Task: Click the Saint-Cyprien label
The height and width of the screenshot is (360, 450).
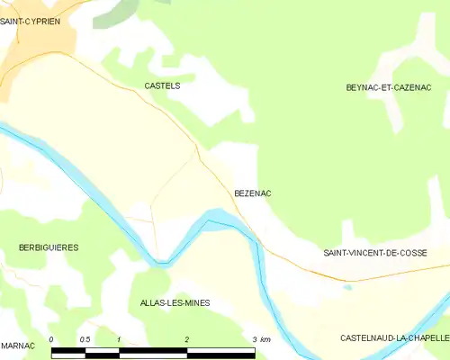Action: tap(30, 20)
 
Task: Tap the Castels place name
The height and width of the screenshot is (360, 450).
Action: tap(162, 85)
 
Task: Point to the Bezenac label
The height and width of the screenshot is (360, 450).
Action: tap(253, 193)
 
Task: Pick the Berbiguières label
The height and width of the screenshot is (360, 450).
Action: tap(49, 247)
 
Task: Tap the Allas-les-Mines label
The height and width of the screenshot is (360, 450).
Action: tap(175, 303)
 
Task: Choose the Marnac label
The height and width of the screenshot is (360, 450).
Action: tap(18, 346)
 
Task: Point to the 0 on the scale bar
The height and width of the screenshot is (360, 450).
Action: tap(52, 339)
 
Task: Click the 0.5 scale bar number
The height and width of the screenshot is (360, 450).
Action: tap(85, 339)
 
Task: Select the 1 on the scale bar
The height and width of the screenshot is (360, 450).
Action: tap(119, 339)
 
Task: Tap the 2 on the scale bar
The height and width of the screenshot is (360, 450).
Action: tap(186, 339)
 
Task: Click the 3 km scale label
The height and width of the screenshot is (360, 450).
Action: tap(262, 339)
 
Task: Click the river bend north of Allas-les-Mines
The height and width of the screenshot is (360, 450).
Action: tap(161, 262)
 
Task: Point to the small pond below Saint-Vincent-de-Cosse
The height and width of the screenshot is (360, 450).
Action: tap(347, 288)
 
